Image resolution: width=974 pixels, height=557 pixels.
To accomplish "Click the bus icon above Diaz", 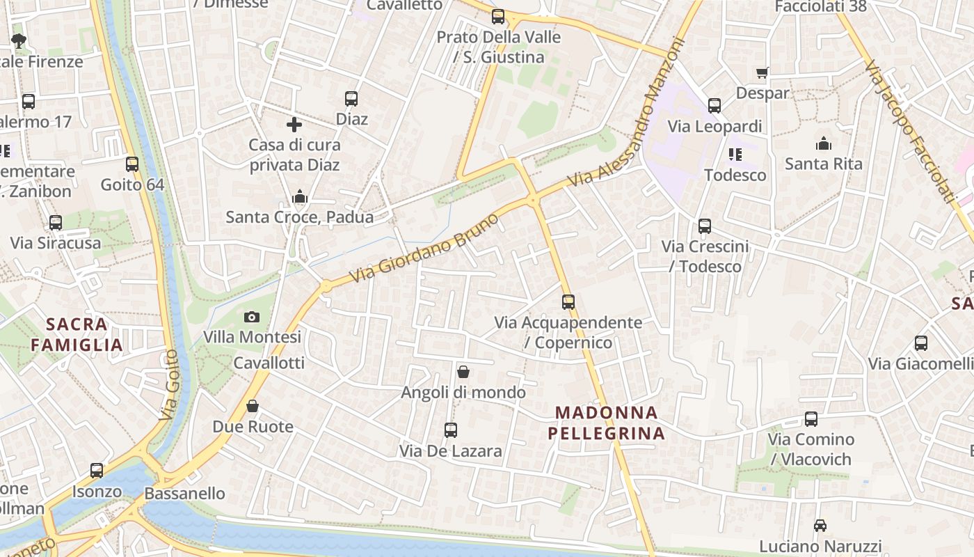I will [x=351, y=99].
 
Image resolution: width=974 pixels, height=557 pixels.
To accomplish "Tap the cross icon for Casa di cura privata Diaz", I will [x=294, y=125].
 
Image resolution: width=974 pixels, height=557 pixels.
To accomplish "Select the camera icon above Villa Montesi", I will [x=252, y=317].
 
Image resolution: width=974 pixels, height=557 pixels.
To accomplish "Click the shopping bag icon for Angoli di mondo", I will [x=463, y=372].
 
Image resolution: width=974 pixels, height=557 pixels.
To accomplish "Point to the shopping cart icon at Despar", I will [x=763, y=72].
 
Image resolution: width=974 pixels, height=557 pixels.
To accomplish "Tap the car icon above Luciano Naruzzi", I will [x=820, y=525].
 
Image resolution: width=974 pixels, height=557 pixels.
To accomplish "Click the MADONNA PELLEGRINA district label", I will [x=607, y=423].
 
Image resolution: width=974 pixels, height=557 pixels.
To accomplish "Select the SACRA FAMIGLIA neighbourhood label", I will [x=77, y=334].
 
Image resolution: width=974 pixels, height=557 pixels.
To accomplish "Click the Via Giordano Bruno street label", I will [x=424, y=248].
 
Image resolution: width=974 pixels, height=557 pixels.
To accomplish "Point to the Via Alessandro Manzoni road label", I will [x=626, y=111].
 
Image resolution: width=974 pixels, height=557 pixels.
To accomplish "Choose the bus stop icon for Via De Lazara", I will [x=451, y=430].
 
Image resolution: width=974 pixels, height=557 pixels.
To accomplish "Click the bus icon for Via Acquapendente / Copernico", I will [x=568, y=301].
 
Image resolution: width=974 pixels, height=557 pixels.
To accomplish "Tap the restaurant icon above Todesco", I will [x=735, y=154].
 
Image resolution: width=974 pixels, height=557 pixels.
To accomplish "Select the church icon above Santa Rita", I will [x=823, y=143].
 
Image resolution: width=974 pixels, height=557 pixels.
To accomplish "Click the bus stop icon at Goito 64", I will [x=132, y=164].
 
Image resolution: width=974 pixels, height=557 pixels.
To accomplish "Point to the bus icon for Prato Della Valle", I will [x=498, y=17].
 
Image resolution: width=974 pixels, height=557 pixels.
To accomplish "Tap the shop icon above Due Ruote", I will [x=253, y=405].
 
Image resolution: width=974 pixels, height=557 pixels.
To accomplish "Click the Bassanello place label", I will [x=184, y=494].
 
